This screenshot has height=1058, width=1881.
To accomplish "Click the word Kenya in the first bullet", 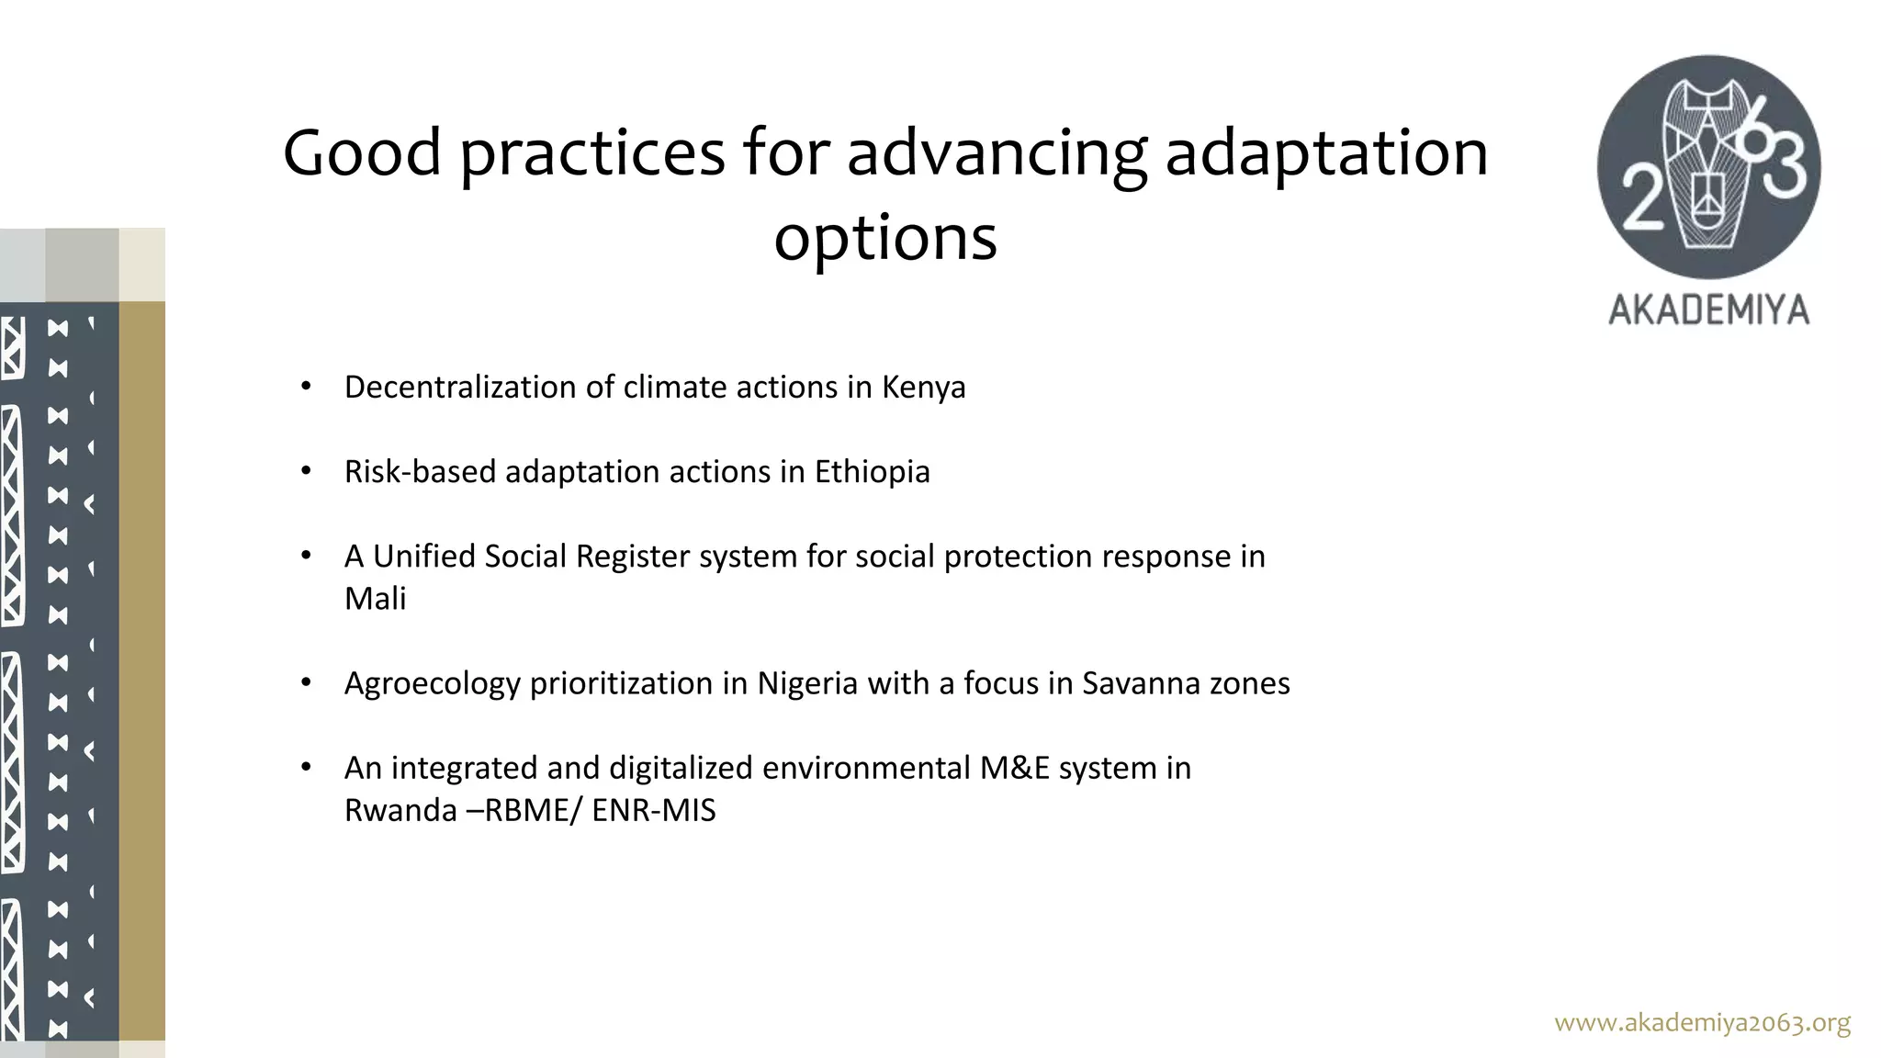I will point(923,388).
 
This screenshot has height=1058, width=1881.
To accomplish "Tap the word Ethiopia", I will point(872,472).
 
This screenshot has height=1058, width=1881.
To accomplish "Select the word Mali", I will point(375,599).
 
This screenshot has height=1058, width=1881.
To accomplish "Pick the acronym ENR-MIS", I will point(653,811).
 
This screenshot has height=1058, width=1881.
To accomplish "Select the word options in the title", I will point(884,238).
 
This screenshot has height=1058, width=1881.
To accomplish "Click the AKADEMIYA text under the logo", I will point(1708,310).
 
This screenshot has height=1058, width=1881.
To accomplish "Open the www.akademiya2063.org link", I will point(1702,1022).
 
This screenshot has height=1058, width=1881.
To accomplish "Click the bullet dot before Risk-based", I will point(307,472).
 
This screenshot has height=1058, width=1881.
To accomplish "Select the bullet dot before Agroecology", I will point(307,683).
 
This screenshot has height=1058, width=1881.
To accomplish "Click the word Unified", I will point(423,557).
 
